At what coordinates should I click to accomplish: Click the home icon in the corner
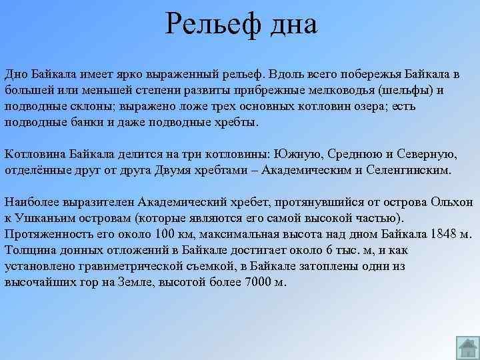pyautogui.click(x=467, y=347)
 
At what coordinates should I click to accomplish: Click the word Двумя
pyautogui.click(x=174, y=171)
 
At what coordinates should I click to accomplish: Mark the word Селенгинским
pyautogui.click(x=408, y=171)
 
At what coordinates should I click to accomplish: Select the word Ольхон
pyautogui.click(x=452, y=203)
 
